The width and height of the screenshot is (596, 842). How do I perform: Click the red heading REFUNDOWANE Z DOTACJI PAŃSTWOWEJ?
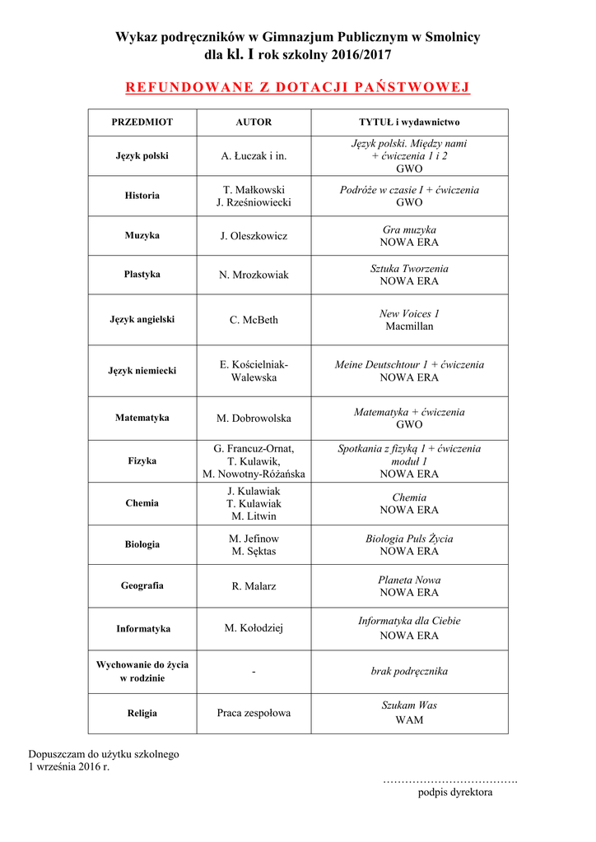pyautogui.click(x=297, y=87)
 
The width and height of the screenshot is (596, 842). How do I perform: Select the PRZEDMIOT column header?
pyautogui.click(x=142, y=122)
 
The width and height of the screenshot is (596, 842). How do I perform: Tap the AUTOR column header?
pyautogui.click(x=254, y=122)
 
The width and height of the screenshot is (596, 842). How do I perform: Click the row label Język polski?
pyautogui.click(x=142, y=155)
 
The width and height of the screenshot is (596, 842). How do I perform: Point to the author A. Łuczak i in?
pyautogui.click(x=254, y=155)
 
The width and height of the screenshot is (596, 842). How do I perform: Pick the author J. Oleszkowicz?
pyautogui.click(x=254, y=236)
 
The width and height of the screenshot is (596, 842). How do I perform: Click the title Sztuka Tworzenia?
pyautogui.click(x=409, y=269)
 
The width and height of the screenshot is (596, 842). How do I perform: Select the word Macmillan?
pyautogui.click(x=409, y=326)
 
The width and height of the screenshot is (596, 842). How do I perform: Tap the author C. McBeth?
pyautogui.click(x=254, y=320)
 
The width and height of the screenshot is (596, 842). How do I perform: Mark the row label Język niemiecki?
pyautogui.click(x=142, y=371)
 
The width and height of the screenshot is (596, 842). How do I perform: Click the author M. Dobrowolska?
pyautogui.click(x=254, y=419)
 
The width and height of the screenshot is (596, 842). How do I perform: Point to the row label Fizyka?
pyautogui.click(x=142, y=461)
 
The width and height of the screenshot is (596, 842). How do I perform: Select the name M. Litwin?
pyautogui.click(x=254, y=516)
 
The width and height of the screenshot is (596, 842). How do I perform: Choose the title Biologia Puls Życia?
pyautogui.click(x=409, y=539)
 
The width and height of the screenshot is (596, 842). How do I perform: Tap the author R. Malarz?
pyautogui.click(x=254, y=586)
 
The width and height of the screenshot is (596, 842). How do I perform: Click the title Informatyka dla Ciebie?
pyautogui.click(x=409, y=622)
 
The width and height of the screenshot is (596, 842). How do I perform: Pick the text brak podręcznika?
pyautogui.click(x=409, y=672)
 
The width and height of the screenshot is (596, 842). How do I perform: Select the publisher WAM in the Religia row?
pyautogui.click(x=409, y=720)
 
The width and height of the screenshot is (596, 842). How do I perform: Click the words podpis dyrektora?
pyautogui.click(x=454, y=793)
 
